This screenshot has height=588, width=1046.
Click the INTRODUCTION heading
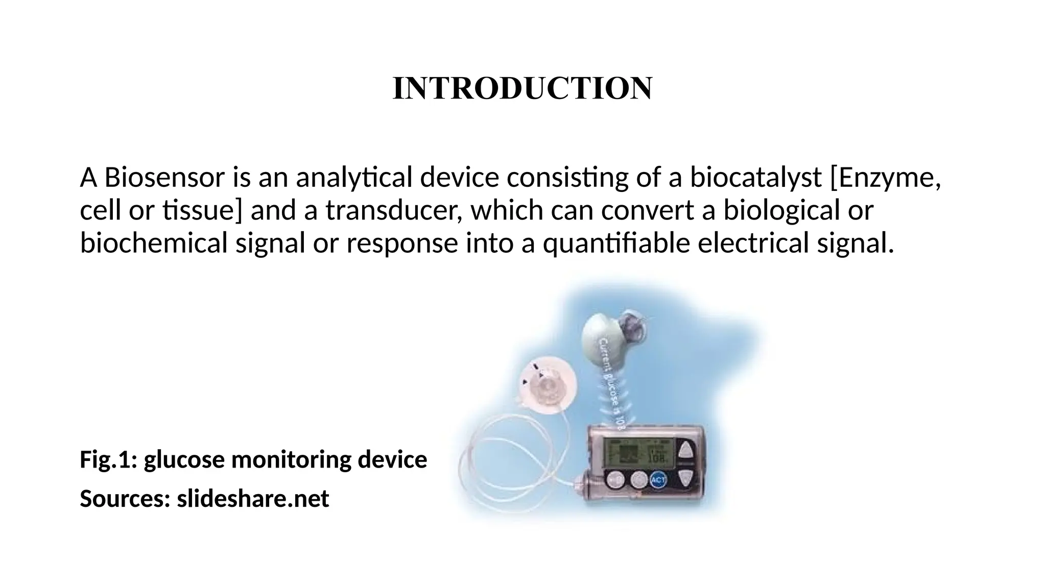point(522,88)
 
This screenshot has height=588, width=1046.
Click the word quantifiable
point(616,243)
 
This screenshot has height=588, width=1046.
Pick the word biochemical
point(153,243)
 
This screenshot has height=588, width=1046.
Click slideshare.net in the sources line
point(253,499)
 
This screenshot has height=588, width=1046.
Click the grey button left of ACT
point(638,479)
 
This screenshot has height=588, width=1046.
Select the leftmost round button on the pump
point(616,479)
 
